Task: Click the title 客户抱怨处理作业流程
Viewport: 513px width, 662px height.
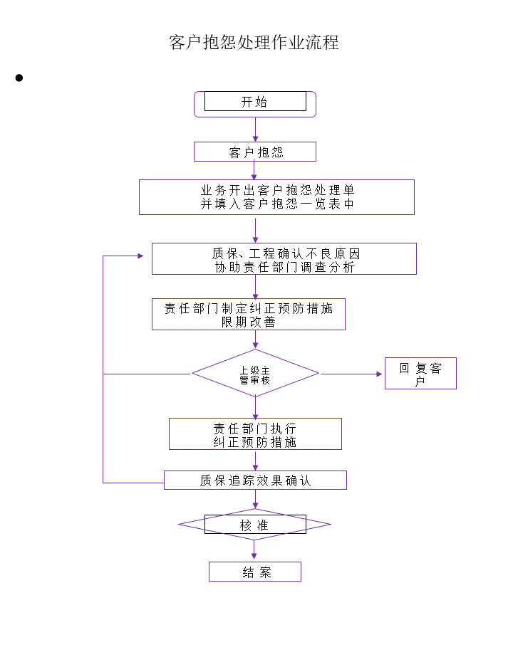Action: pyautogui.click(x=254, y=42)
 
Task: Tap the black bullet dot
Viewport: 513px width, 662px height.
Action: pyautogui.click(x=19, y=78)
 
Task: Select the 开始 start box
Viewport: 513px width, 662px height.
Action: pyautogui.click(x=255, y=104)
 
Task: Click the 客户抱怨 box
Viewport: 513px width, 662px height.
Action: pyautogui.click(x=255, y=152)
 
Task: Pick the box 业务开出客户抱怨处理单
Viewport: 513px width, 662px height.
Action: pyautogui.click(x=276, y=197)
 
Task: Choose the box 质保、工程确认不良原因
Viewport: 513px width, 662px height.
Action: pyautogui.click(x=284, y=259)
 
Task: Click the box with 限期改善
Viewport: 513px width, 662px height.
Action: pyautogui.click(x=249, y=314)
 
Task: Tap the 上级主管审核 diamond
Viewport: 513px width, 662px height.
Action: pyautogui.click(x=255, y=373)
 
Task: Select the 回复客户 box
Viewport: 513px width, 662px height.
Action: pyautogui.click(x=420, y=373)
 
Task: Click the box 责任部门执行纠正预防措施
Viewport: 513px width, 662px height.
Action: pyautogui.click(x=255, y=434)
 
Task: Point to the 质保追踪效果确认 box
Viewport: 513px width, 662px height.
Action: pyautogui.click(x=255, y=480)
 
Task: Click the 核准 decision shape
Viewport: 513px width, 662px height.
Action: pyautogui.click(x=255, y=525)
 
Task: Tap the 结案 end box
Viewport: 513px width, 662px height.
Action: pyautogui.click(x=255, y=572)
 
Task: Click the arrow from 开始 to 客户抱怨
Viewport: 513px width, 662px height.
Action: pyautogui.click(x=255, y=129)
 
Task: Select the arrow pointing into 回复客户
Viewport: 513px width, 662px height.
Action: pyautogui.click(x=351, y=374)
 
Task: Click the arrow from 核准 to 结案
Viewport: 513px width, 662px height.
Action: pyautogui.click(x=254, y=550)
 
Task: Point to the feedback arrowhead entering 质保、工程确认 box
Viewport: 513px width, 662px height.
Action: pyautogui.click(x=140, y=256)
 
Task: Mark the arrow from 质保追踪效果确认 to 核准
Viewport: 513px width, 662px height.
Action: pyautogui.click(x=255, y=499)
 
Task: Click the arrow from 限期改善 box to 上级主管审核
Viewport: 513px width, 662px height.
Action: pyautogui.click(x=255, y=340)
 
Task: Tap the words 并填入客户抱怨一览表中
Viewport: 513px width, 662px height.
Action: pyautogui.click(x=277, y=204)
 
